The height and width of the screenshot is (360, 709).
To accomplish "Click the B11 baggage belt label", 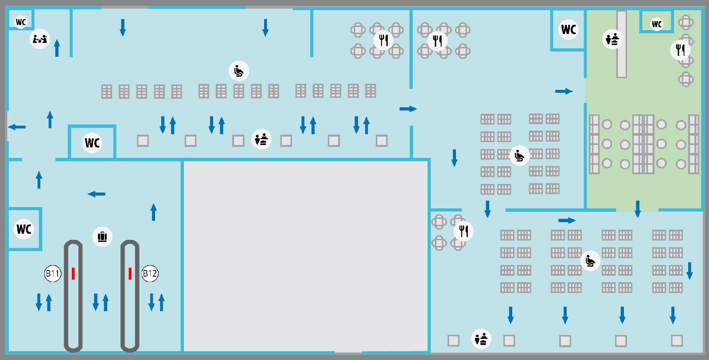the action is click(53, 273).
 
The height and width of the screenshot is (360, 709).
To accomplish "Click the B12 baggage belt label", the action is click(150, 273).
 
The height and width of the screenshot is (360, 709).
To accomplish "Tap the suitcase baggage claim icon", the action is click(102, 236).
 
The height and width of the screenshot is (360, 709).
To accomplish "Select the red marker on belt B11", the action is click(73, 274).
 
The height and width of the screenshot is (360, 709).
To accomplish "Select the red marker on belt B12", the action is click(130, 274).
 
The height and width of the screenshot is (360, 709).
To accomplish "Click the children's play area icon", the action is click(39, 39).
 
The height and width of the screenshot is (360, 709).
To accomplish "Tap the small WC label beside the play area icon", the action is click(21, 22).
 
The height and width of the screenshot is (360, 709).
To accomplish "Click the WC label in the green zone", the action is click(657, 24).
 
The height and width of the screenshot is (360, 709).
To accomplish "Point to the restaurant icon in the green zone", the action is click(680, 50).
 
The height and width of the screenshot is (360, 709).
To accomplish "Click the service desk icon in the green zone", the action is click(612, 39).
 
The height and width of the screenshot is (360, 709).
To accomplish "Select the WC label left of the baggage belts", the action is click(24, 229).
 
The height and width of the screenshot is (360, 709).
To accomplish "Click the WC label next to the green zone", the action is click(569, 29).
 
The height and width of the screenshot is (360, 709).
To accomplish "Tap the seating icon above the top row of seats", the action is click(239, 70).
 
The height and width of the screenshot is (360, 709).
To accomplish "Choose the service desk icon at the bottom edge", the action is click(481, 339).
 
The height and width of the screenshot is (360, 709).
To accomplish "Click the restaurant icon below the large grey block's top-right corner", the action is click(464, 231).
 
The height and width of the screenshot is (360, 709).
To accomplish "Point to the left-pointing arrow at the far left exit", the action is click(17, 127).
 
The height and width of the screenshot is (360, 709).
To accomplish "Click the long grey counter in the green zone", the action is click(622, 44).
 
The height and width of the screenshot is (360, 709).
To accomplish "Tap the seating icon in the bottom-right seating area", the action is click(590, 261).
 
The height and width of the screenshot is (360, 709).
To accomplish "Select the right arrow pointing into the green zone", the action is click(564, 91).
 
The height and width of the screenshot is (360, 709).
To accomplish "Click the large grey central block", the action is click(306, 256).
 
